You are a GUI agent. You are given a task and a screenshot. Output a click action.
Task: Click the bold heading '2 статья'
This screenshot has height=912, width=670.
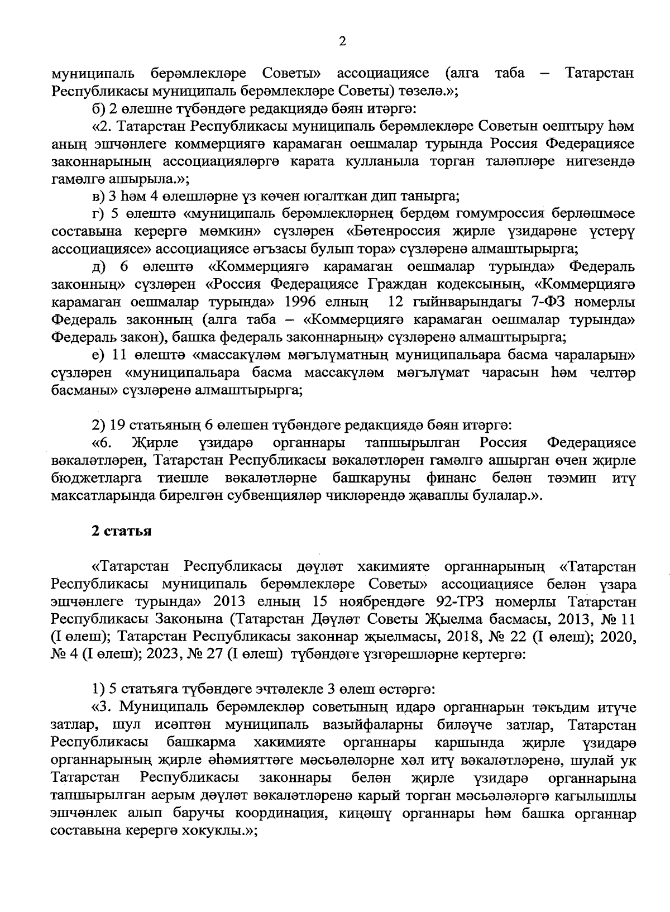coord(122,531)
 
